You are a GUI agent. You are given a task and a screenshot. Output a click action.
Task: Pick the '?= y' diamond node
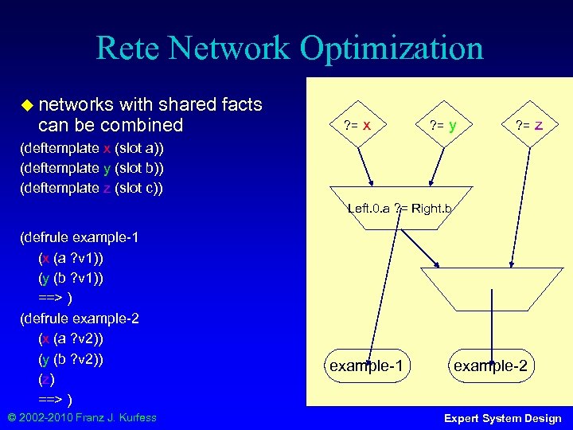point(442,125)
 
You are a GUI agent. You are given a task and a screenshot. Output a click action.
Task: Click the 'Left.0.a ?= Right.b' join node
point(400,209)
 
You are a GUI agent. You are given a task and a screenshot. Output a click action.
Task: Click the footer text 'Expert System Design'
point(502,418)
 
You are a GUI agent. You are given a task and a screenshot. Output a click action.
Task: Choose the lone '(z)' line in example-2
point(46,379)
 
